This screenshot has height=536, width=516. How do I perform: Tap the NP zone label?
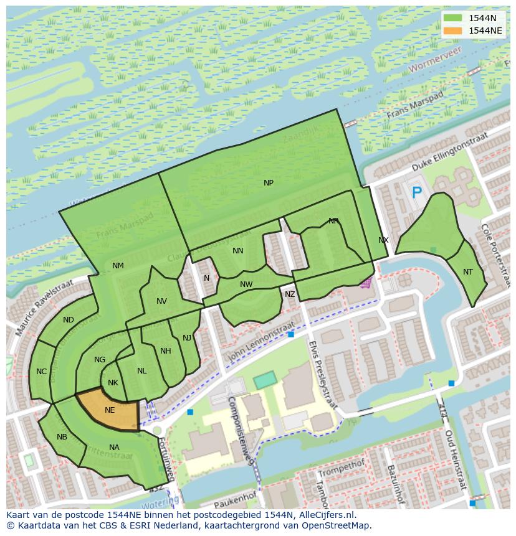pos(269,183)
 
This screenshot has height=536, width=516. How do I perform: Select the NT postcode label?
pos(468,272)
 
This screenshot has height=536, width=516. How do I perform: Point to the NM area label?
pos(118,266)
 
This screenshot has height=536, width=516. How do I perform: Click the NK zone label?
pos(113,383)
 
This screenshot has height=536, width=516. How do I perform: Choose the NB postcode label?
pos(62,437)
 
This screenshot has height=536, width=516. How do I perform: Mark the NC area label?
pos(41,372)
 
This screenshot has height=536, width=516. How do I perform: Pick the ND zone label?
pos(69,320)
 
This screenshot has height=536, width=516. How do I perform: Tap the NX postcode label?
pos(383,240)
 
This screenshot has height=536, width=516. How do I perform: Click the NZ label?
pos(290,294)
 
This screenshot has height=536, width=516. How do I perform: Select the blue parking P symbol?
pos(416,193)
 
